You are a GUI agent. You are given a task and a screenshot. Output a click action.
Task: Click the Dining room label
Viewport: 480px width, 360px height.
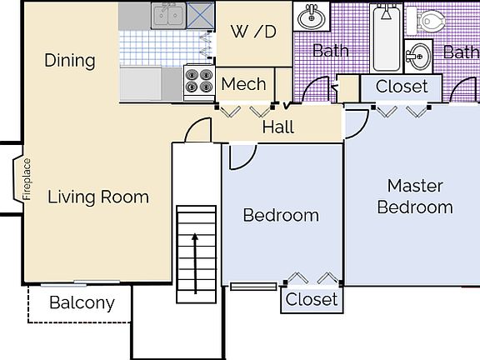pyautogui.click(x=70, y=60)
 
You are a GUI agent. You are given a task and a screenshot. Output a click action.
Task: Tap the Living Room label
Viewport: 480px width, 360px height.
pyautogui.click(x=98, y=197)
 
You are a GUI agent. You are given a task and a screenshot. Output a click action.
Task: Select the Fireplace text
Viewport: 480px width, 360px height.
pyautogui.click(x=27, y=179)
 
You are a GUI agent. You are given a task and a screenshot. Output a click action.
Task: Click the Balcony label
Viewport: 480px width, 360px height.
pyautogui.click(x=82, y=302)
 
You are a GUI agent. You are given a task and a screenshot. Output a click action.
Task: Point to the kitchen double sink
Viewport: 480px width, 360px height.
pyautogui.click(x=168, y=15)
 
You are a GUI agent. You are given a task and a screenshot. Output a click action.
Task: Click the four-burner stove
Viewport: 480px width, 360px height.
pyautogui.click(x=199, y=82)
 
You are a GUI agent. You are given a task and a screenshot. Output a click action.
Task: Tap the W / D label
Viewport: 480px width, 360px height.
pyautogui.click(x=253, y=32)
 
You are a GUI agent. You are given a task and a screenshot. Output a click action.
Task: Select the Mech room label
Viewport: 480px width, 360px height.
pyautogui.click(x=243, y=84)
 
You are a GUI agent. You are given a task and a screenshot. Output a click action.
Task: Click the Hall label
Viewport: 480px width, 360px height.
pyautogui.click(x=278, y=127)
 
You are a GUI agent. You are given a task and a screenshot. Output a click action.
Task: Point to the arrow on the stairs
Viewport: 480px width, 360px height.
pyautogui.click(x=195, y=264)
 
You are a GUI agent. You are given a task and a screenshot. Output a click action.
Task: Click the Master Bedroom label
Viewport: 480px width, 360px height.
pyautogui.click(x=415, y=197)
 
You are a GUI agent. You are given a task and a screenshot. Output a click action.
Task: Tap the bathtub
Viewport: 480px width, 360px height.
pyautogui.click(x=387, y=38)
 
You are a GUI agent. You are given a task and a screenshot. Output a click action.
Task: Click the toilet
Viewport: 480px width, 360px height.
pyautogui.click(x=426, y=21)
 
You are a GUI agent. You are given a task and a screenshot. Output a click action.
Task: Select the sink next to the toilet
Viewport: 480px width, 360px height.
pyautogui.click(x=418, y=57)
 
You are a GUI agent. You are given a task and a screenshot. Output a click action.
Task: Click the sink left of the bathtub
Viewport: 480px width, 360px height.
pyautogui.click(x=312, y=17)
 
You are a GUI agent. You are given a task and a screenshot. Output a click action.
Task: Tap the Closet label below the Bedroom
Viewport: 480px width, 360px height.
pyautogui.click(x=312, y=299)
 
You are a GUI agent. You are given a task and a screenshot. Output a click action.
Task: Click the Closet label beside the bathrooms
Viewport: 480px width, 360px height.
pyautogui.click(x=402, y=87)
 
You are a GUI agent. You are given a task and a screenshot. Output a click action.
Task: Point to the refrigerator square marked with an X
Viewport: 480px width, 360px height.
pyautogui.click(x=201, y=15)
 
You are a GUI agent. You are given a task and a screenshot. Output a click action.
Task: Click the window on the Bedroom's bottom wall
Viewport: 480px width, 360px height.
pyautogui.click(x=253, y=287)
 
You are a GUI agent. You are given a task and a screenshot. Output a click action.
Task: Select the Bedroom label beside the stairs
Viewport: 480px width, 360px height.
pyautogui.click(x=281, y=215)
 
